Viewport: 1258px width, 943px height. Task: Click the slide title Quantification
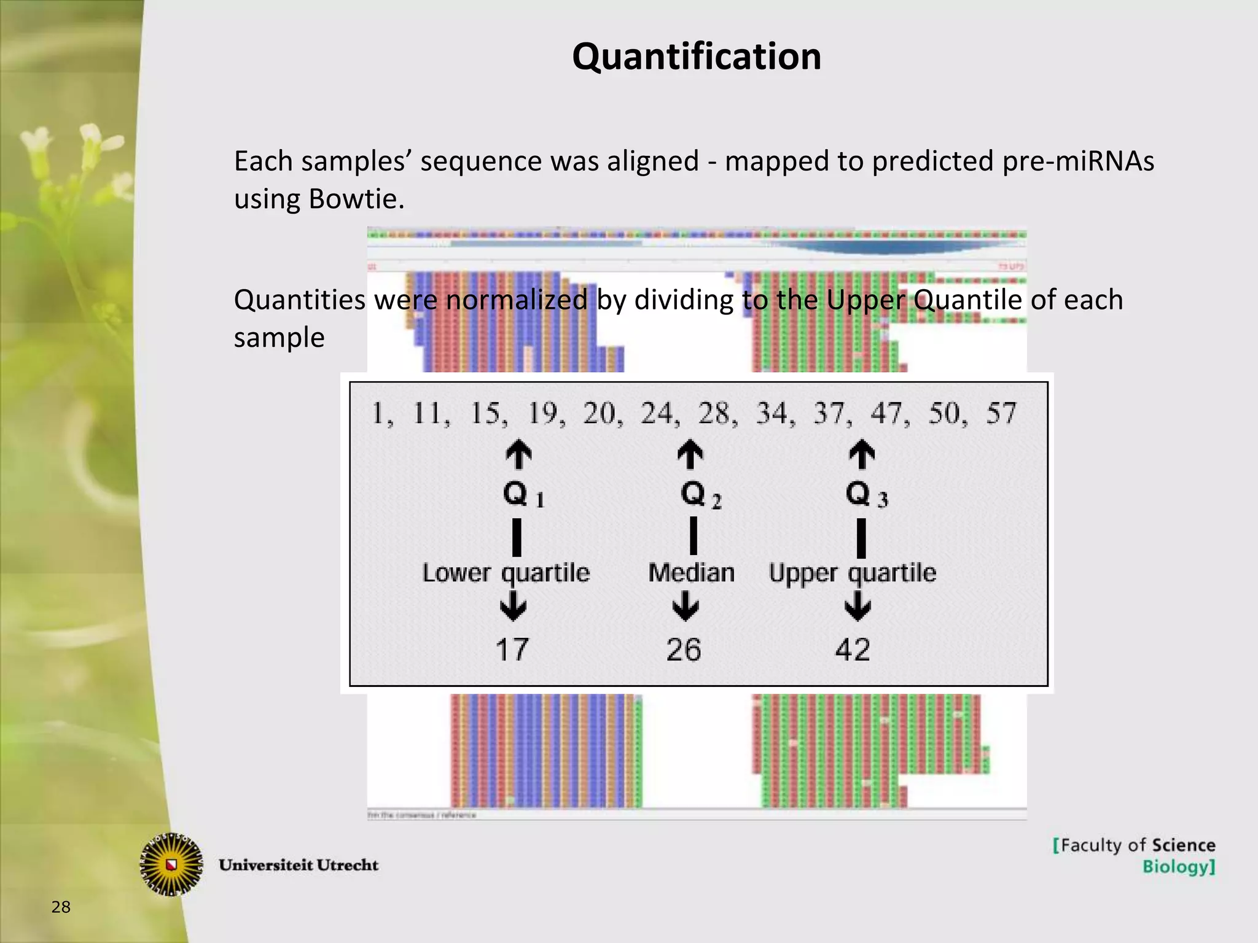(697, 56)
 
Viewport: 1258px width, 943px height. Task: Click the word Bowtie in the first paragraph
(356, 199)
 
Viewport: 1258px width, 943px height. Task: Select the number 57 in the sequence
(1001, 413)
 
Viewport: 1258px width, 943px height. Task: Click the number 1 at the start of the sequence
(379, 413)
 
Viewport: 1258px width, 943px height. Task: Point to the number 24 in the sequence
(657, 413)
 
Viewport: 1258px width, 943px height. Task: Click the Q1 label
(523, 494)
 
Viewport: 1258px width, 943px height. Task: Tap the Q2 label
(700, 494)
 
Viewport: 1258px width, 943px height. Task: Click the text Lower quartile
(506, 573)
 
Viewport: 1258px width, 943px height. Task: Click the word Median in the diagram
(691, 573)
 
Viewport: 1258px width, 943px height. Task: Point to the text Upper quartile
(853, 573)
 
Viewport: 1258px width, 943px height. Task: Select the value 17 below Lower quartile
(512, 650)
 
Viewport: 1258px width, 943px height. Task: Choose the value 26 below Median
(683, 650)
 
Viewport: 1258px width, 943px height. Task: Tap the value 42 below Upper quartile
(852, 650)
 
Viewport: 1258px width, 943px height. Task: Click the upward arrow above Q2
(690, 454)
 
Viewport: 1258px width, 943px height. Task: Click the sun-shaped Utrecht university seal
(172, 864)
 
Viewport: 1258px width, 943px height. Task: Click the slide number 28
(61, 907)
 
